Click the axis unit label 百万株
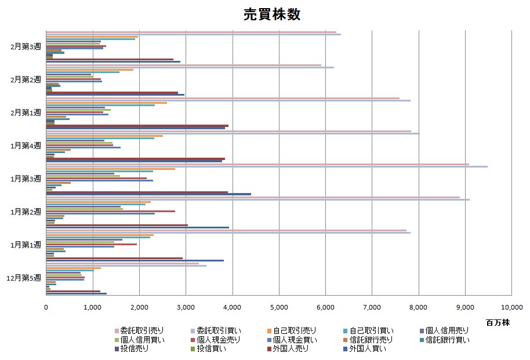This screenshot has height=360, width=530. coord(496,321)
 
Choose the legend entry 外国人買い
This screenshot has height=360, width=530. coord(366,348)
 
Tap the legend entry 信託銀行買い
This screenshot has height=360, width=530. coord(446,340)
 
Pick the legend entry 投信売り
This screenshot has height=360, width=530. coord(134,348)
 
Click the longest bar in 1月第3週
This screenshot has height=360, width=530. coord(266,167)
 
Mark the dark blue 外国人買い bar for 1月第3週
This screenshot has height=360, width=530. coord(148,194)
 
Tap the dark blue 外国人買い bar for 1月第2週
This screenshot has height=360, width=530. coord(137,227)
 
